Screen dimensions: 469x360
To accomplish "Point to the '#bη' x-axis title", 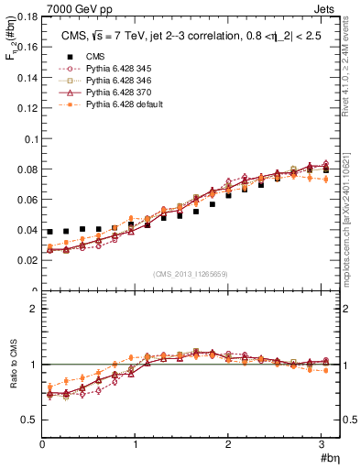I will pyautogui.click(x=329, y=458).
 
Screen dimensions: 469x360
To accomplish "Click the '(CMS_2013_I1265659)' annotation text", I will pyautogui.click(x=191, y=274).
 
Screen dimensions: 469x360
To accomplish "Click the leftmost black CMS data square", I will pyautogui.click(x=49, y=232).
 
